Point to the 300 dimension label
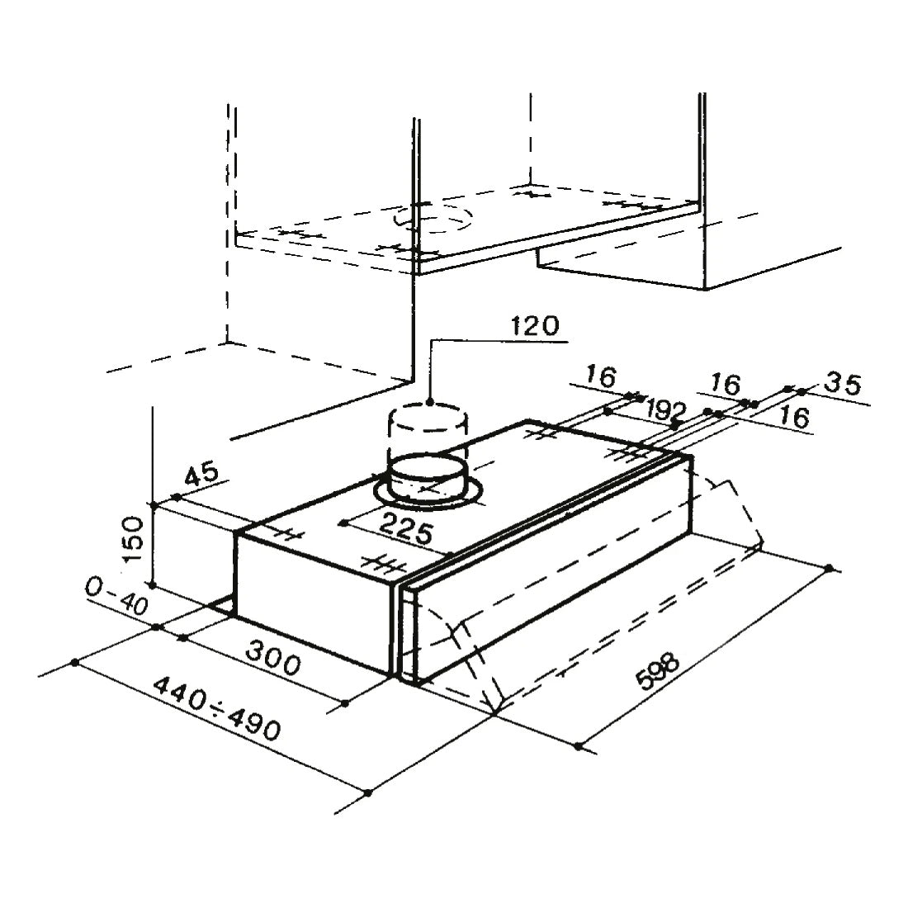[274, 660]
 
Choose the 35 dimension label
[843, 384]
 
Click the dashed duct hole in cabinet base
[435, 219]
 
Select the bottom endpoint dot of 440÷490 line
[367, 794]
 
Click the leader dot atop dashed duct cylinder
[430, 403]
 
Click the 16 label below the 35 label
[793, 418]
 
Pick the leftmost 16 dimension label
[602, 378]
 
